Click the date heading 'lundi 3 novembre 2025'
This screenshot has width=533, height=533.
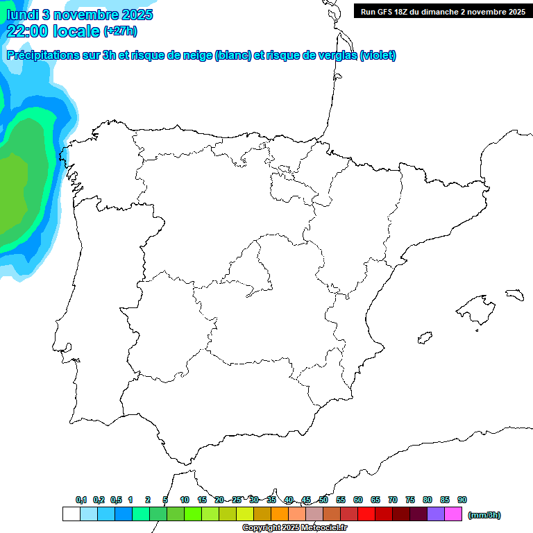[x=80, y=15]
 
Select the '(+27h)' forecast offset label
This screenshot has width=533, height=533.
[x=120, y=31]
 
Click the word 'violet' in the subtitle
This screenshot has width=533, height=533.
[x=376, y=56]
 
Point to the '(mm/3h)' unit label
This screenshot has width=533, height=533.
[x=484, y=515]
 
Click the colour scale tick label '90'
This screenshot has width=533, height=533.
[x=462, y=500]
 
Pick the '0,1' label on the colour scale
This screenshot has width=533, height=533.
[x=81, y=500]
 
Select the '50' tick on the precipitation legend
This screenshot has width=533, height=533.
[x=323, y=500]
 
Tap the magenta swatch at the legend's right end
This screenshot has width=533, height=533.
[x=453, y=514]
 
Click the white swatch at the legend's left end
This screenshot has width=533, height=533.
[x=71, y=514]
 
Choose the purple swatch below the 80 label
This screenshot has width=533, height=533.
[x=436, y=514]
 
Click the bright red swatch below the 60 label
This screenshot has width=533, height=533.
[x=366, y=514]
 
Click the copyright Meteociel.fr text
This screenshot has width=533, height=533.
[x=294, y=528]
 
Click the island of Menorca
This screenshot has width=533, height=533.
[x=514, y=295]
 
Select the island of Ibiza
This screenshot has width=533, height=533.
[x=424, y=338]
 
